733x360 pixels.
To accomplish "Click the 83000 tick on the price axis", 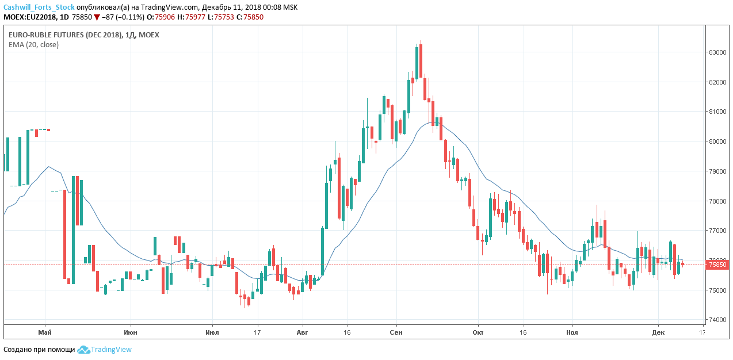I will click(x=717, y=52).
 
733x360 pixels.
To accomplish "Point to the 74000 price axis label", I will click(x=717, y=320).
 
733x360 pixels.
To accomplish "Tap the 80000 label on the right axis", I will click(x=717, y=141).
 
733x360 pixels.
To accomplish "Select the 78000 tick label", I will click(x=717, y=201).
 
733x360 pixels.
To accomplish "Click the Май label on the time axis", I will click(x=45, y=332).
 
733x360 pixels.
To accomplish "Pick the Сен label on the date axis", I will click(x=396, y=332).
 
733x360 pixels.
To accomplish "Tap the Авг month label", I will click(x=302, y=332).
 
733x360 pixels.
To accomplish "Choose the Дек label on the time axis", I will click(x=658, y=332).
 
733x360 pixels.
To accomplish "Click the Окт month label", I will click(x=478, y=332).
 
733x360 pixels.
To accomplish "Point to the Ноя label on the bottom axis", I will click(x=572, y=332).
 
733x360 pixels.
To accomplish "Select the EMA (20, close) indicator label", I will click(x=33, y=44).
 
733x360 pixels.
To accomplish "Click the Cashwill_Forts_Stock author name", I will click(x=39, y=7).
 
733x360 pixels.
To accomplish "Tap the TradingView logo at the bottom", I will click(x=105, y=349).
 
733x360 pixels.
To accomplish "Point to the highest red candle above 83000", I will click(x=421, y=60).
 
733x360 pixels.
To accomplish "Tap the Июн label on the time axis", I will click(x=131, y=332).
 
